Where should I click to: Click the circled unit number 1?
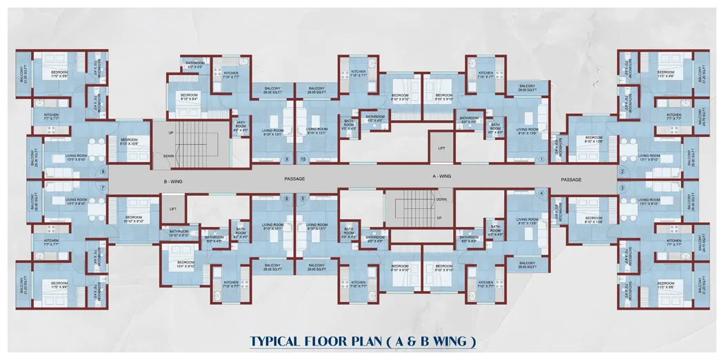pos(541,159)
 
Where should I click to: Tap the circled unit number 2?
pos(622,172)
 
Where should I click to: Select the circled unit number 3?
pos(622,188)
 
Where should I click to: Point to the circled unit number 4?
pos(541,194)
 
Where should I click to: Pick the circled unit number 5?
pos(303,199)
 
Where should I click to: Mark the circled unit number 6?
pos(287,199)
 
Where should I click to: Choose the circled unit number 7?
pos(103,188)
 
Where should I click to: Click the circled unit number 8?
pos(103,172)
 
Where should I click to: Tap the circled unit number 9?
pos(287,159)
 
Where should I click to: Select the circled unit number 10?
pos(303,159)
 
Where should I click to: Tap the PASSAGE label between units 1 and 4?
pos(571,180)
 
